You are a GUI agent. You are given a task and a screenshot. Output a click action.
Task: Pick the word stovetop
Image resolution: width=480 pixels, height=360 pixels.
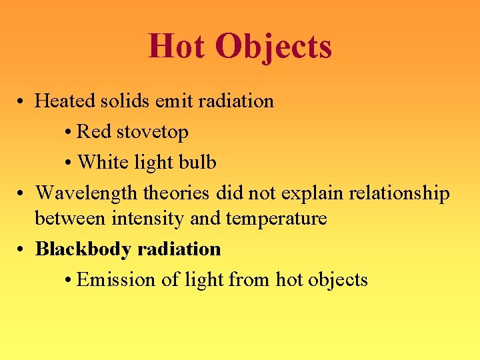click(x=153, y=133)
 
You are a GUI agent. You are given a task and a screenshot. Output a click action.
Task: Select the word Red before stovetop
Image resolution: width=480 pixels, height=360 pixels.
click(x=94, y=132)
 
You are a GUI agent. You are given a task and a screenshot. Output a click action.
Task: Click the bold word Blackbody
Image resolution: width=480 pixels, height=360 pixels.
click(x=83, y=249)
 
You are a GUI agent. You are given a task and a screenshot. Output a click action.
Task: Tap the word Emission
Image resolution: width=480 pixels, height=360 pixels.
click(x=117, y=279)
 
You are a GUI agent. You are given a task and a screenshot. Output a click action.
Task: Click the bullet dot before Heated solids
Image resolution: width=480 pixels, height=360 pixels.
click(x=22, y=102)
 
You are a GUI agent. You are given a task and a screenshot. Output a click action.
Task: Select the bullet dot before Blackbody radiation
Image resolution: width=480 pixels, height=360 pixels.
click(x=22, y=250)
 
